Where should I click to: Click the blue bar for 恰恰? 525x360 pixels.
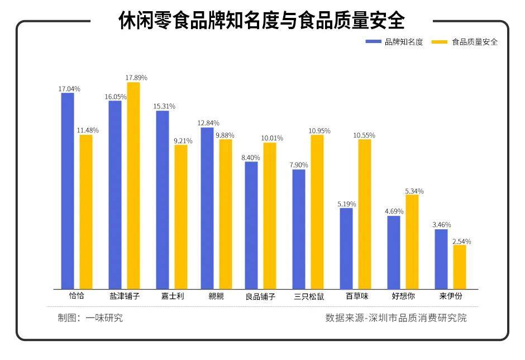pyautogui.click(x=68, y=191)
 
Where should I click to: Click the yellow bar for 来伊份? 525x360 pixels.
pyautogui.click(x=459, y=267)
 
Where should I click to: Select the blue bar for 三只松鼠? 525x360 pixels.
pyautogui.click(x=299, y=229)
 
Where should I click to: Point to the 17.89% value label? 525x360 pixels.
pyautogui.click(x=136, y=78)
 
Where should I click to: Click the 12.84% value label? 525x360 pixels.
pyautogui.click(x=208, y=123)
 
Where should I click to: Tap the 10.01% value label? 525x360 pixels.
pyautogui.click(x=272, y=138)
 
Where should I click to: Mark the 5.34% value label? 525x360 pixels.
pyautogui.click(x=414, y=191)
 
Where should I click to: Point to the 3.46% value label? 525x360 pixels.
pyautogui.click(x=441, y=225)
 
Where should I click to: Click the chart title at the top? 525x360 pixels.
pyautogui.click(x=261, y=21)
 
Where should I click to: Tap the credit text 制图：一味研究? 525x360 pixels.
pyautogui.click(x=90, y=318)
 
